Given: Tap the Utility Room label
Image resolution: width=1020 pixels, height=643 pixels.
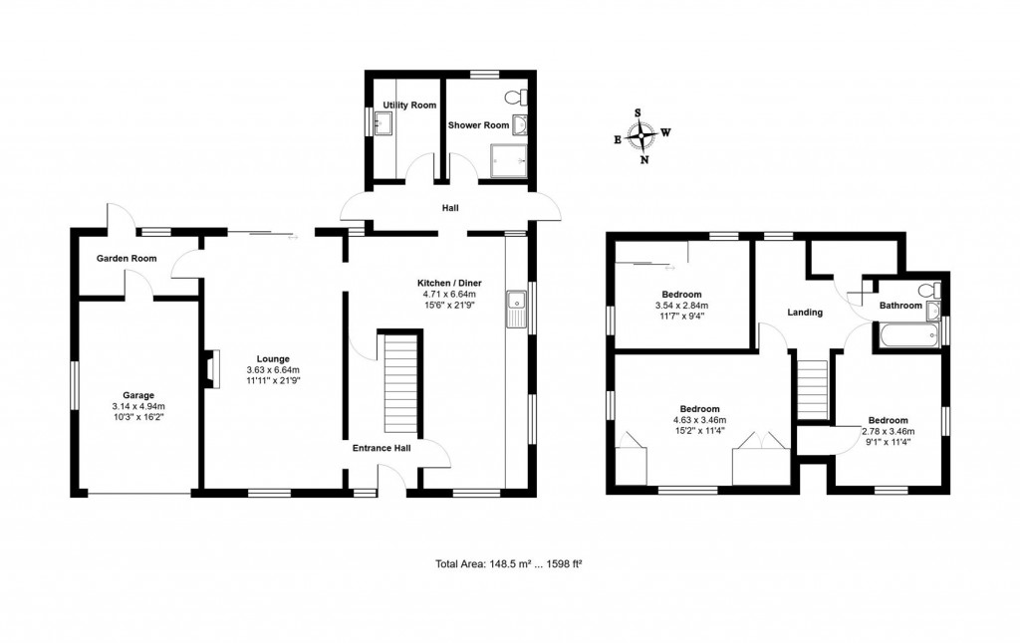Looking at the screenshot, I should (410, 105).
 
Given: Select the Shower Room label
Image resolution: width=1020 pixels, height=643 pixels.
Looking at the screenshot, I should (478, 125).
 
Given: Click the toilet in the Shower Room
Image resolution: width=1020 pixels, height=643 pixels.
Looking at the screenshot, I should (515, 98).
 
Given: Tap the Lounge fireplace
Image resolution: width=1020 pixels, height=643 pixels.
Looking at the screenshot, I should (210, 366).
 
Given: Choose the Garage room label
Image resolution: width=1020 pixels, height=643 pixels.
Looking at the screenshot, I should (138, 393).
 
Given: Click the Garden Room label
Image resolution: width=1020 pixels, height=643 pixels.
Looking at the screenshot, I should (127, 259).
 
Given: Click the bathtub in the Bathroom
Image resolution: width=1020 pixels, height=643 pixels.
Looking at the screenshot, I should (904, 335).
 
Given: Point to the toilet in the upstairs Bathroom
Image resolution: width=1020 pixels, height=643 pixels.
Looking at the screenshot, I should (927, 291).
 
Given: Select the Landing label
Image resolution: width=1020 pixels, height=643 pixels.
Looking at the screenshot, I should (805, 313).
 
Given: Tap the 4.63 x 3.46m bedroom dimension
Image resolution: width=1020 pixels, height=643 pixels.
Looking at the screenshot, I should (699, 421).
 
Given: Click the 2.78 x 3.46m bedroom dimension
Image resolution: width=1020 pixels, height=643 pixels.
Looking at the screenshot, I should (887, 431).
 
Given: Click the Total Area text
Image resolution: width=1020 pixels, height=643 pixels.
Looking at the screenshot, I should (508, 564).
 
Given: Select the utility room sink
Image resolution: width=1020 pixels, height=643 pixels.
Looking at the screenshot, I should (383, 123).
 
